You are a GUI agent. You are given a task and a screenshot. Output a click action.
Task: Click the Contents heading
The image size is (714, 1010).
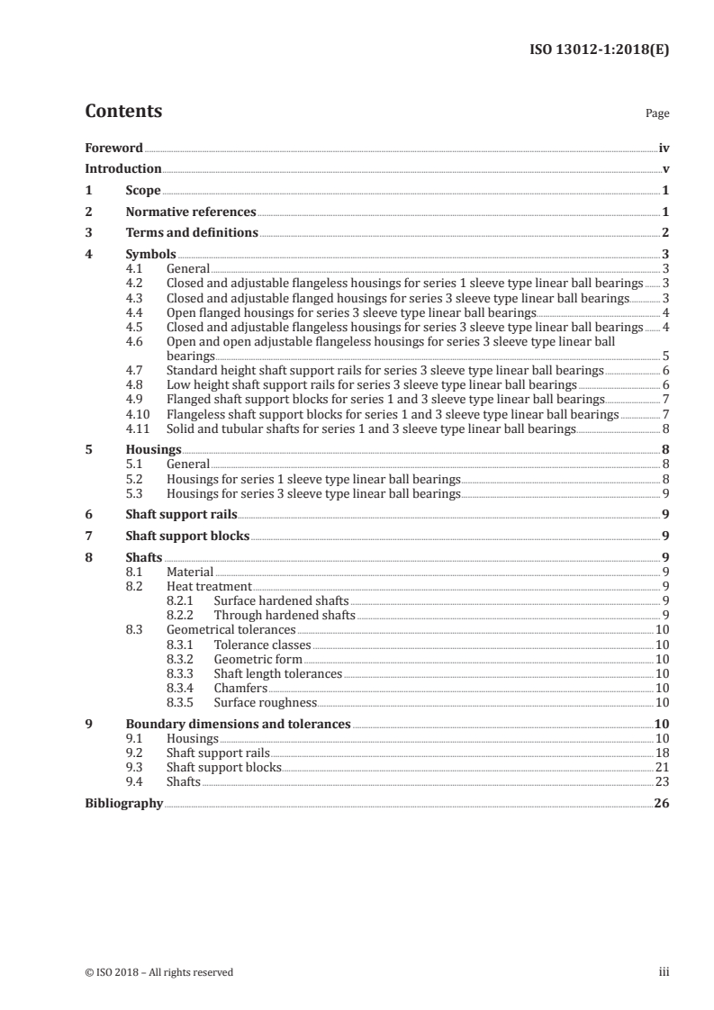click(123, 112)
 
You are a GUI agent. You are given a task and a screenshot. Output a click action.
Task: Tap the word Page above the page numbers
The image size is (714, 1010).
click(657, 114)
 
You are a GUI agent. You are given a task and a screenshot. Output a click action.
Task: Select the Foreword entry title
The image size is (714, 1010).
click(113, 148)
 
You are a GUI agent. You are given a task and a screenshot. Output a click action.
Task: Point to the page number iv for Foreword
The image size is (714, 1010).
click(664, 148)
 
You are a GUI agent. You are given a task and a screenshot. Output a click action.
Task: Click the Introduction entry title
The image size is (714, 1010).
click(122, 169)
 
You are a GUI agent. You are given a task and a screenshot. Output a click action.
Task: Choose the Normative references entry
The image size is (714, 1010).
click(191, 212)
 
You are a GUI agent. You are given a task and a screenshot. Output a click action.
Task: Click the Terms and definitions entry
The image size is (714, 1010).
click(192, 233)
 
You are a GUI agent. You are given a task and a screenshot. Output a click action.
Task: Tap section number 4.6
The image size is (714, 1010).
click(135, 342)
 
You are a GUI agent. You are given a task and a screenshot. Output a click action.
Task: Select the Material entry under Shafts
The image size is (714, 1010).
click(190, 572)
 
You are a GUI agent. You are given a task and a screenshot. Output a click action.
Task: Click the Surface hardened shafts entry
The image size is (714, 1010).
click(281, 600)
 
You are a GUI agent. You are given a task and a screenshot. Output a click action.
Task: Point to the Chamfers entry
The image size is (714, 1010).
click(240, 688)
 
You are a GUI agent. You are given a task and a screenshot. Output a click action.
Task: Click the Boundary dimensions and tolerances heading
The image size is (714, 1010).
click(238, 724)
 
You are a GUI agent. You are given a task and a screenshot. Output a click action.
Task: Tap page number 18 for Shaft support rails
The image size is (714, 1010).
click(662, 753)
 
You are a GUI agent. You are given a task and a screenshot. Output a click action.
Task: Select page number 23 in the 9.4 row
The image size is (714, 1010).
click(662, 781)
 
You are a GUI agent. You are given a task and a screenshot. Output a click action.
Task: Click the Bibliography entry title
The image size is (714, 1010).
click(123, 803)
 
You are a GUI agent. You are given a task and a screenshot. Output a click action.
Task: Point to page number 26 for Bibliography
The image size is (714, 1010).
click(661, 803)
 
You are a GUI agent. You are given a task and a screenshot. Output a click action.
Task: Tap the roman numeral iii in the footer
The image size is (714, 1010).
click(664, 972)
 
